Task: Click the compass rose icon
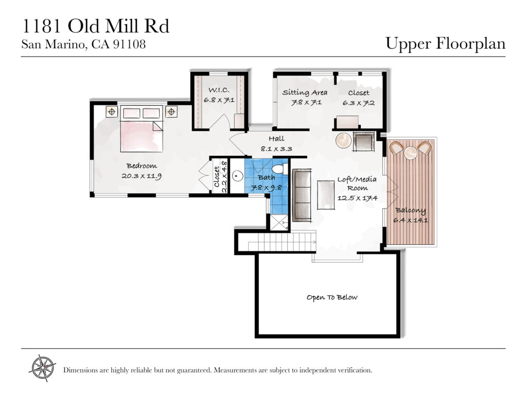(x=43, y=368)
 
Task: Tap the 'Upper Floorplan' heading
(x=445, y=44)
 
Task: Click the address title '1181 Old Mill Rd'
(x=95, y=26)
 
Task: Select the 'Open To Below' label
(x=332, y=297)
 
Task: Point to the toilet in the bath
(x=280, y=169)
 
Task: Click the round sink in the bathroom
(x=238, y=176)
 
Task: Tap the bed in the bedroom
(x=142, y=129)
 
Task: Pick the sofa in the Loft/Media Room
(x=302, y=195)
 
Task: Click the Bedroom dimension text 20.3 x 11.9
(x=142, y=176)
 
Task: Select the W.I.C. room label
(x=219, y=90)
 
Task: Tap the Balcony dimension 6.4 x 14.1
(x=410, y=220)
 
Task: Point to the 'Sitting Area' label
(x=305, y=93)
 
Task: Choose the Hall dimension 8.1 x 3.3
(x=276, y=149)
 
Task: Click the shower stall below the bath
(x=279, y=222)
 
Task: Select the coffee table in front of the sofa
(x=326, y=195)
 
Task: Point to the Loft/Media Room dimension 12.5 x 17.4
(x=357, y=198)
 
